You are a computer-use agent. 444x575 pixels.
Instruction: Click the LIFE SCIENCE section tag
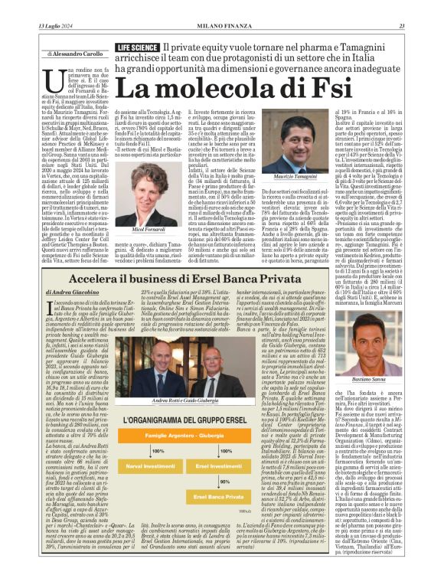click(x=137, y=47)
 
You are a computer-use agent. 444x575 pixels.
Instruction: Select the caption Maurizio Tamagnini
click(x=286, y=177)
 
